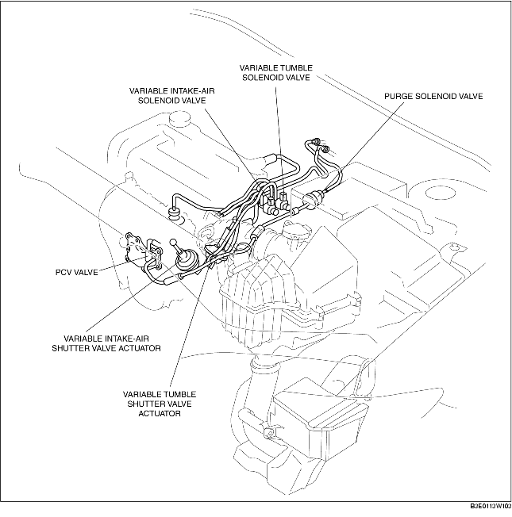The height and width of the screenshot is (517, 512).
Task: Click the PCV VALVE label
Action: point(76,272)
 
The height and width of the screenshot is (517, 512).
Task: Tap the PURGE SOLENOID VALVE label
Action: point(433,96)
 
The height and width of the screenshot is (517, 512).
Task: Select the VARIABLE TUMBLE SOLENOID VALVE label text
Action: point(276,72)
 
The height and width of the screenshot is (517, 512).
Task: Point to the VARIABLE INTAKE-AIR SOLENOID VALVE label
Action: point(171,96)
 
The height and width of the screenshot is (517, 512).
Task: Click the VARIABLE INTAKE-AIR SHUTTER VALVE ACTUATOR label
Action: point(106,343)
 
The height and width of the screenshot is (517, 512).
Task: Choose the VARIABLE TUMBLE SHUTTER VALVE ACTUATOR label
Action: point(160,404)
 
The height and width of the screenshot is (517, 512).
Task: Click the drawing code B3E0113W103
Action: point(491,506)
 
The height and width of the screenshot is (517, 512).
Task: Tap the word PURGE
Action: point(398,96)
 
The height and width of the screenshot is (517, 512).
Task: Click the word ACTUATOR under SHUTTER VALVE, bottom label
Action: point(160,413)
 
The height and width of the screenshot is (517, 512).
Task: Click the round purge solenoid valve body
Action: point(311,200)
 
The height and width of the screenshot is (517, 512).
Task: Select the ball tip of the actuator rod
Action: point(174,243)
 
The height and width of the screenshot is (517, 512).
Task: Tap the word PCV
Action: point(63,272)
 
